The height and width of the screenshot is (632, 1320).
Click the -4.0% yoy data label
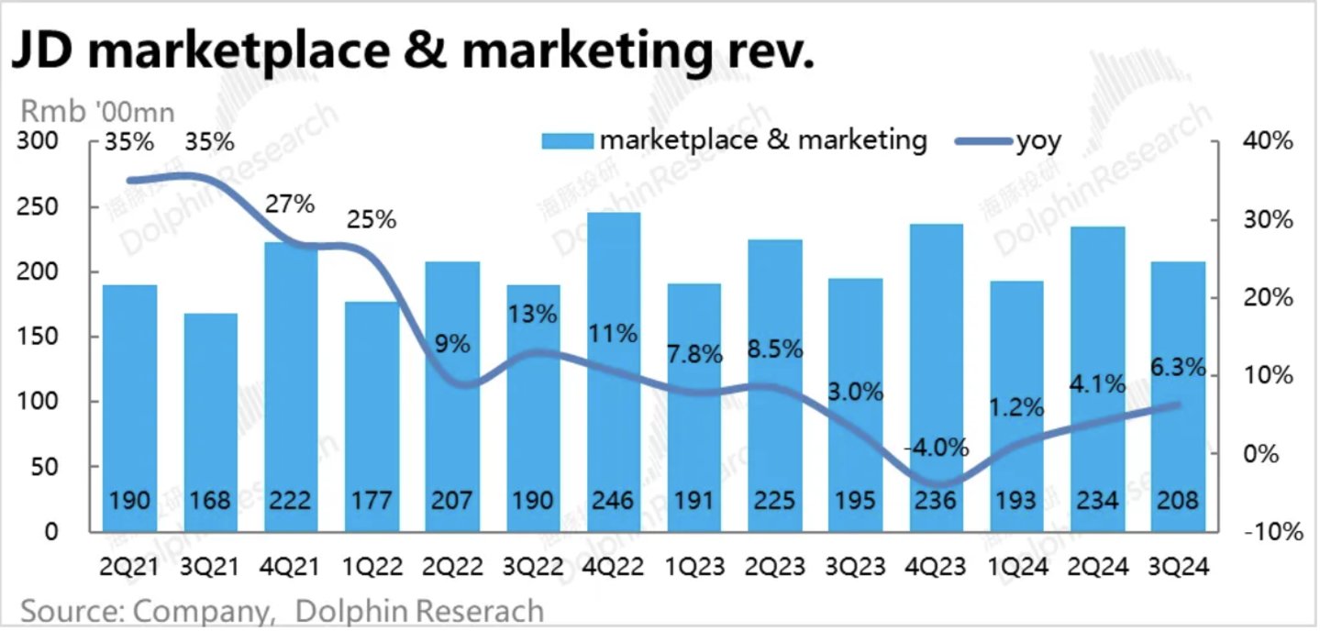936,448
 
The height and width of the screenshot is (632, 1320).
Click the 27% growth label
291,203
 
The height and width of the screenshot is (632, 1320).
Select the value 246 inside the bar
614,501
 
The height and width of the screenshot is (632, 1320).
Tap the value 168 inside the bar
210,501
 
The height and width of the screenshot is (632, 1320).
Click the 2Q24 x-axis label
1098,567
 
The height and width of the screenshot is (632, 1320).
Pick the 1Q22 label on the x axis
372,567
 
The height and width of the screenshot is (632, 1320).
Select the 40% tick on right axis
1269,142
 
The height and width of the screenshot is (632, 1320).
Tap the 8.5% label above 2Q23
776,349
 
